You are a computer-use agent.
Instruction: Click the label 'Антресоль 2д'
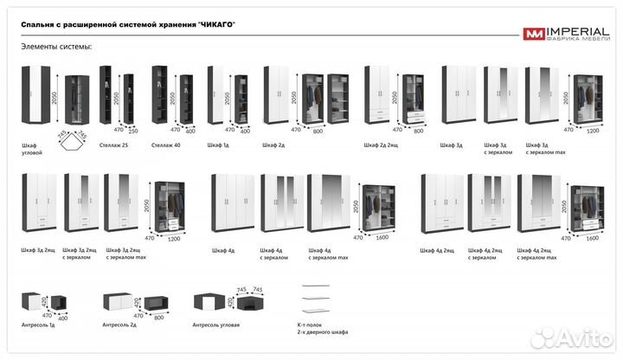119,325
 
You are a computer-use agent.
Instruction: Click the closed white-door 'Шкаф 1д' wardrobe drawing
216,96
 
